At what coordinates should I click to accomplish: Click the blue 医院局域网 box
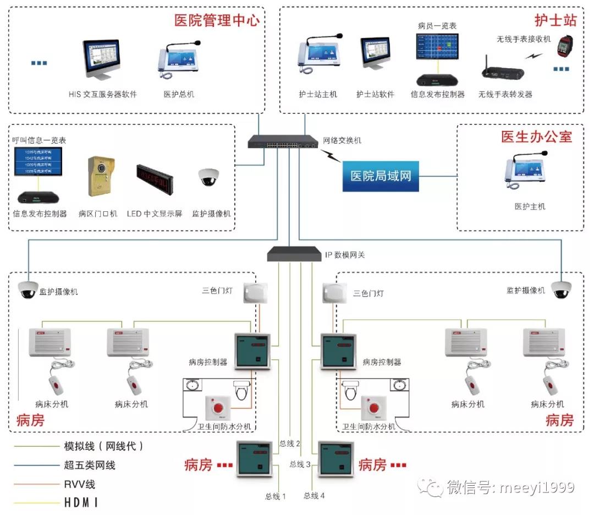coord(381,177)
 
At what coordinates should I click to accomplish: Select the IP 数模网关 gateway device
coord(294,254)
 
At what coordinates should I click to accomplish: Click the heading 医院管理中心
coord(216,21)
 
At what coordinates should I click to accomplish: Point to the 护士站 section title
coord(555,21)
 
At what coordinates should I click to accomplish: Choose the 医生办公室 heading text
coord(536,136)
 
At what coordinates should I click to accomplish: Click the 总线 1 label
coord(276,496)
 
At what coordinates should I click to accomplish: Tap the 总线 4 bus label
coord(314,496)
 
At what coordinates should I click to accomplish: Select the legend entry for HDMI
coord(81,502)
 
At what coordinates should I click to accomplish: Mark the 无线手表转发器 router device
coord(502,70)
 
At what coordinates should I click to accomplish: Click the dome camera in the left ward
coord(28,289)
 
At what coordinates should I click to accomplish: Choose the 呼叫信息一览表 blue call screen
coord(38,161)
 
